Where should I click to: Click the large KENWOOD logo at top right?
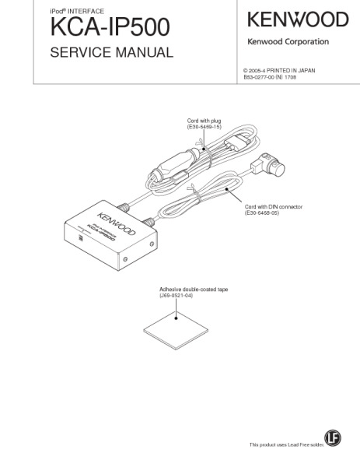(298, 19)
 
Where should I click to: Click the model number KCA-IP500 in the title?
(110, 26)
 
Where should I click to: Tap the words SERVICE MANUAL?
(111, 52)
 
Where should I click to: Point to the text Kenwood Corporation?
(288, 42)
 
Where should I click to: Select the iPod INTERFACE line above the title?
(77, 12)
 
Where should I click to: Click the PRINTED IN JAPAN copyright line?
(279, 71)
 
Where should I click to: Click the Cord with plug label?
(204, 121)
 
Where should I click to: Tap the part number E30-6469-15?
(204, 127)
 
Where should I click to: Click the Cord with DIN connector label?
(274, 207)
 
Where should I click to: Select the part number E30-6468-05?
(262, 213)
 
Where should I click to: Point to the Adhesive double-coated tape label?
(194, 290)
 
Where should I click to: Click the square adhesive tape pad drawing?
(176, 331)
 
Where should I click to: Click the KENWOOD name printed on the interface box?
(117, 223)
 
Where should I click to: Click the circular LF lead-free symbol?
(333, 437)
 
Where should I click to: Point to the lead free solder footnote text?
(287, 444)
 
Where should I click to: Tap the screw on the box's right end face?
(152, 244)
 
